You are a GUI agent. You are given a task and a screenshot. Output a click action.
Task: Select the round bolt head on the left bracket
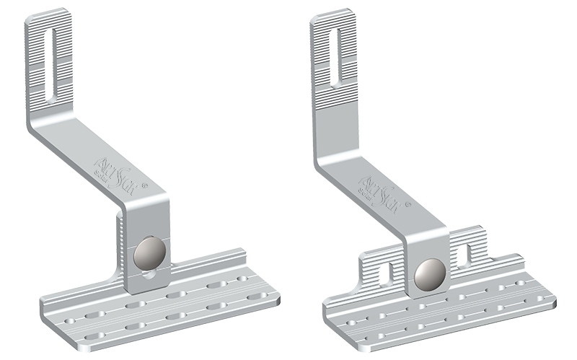click(149, 254)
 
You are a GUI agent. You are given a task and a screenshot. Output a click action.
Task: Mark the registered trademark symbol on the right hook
click(409, 206)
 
